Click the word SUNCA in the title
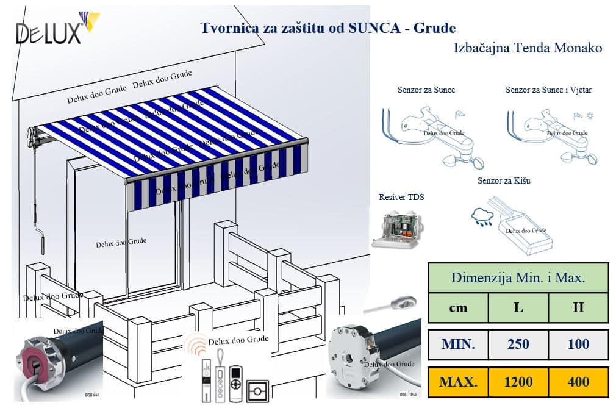point(376,28)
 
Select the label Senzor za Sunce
point(426,90)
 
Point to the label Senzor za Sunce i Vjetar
point(548,90)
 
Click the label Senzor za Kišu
point(504,181)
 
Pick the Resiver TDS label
point(401,197)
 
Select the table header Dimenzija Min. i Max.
point(518,278)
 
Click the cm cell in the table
point(458,308)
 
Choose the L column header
point(518,308)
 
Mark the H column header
point(578,308)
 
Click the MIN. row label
point(458,345)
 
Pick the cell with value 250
point(518,345)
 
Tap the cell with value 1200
point(518,382)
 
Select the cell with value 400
point(578,382)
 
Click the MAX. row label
point(458,382)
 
